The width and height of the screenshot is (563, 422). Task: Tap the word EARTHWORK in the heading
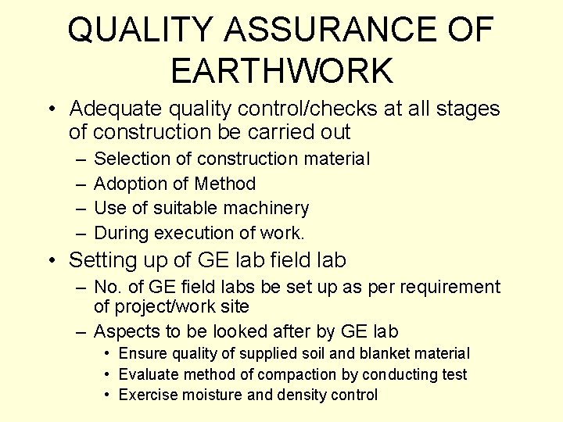click(x=281, y=70)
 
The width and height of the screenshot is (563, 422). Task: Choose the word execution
click(x=191, y=233)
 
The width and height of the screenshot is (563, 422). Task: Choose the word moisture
click(x=210, y=395)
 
